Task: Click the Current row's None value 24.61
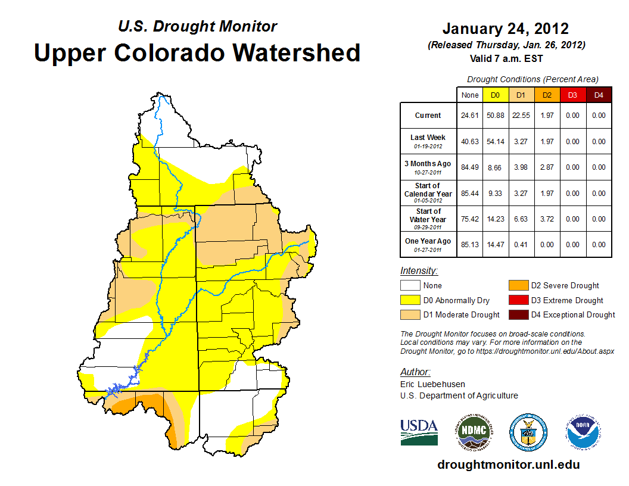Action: (470, 116)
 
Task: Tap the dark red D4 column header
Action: (599, 95)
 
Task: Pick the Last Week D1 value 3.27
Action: (521, 142)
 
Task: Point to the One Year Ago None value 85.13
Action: (470, 245)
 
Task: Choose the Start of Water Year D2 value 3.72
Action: (547, 219)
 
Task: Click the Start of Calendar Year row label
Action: (428, 193)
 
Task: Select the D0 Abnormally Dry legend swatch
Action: (410, 300)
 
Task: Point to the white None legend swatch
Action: (410, 286)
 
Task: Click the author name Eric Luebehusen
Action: (432, 384)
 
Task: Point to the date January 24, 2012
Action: (505, 29)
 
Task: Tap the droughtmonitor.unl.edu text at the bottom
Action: (508, 465)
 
